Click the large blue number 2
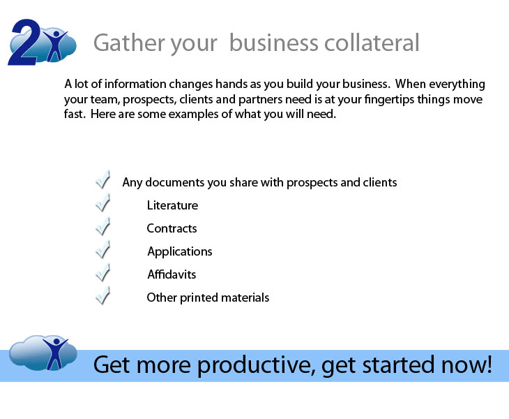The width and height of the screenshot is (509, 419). pos(24,43)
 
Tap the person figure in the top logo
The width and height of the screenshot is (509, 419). pos(55,45)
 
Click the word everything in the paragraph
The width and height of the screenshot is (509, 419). pos(457,84)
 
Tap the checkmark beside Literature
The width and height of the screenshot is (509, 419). pos(103,203)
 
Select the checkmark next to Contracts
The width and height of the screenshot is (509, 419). pos(103,226)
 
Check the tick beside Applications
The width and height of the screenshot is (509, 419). pos(103,249)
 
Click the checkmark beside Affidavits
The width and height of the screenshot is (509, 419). pos(103,272)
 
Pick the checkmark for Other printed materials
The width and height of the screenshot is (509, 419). pos(103,295)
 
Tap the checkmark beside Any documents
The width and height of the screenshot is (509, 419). pos(103,179)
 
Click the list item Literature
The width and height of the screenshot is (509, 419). pos(172,205)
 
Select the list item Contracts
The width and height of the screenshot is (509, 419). pos(172,228)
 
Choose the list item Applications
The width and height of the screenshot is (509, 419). pos(180,252)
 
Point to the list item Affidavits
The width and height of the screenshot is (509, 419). pos(172,274)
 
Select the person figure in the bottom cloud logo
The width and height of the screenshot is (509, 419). pos(56,353)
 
